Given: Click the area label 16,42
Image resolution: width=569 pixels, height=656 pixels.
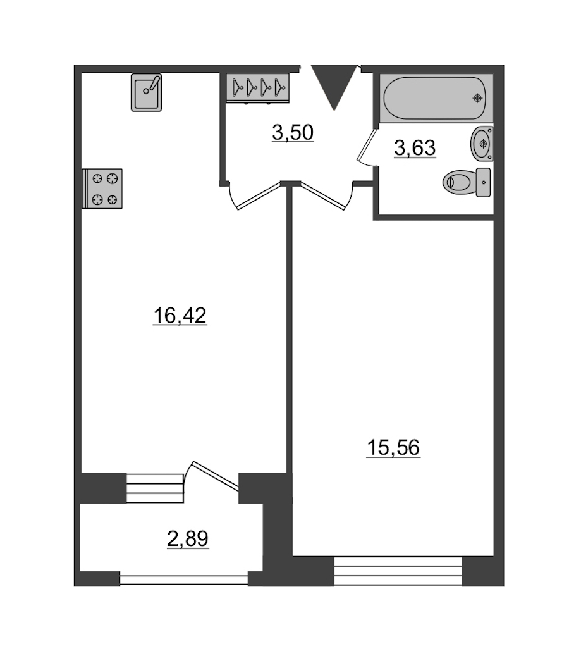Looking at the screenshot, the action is pyautogui.click(x=180, y=316).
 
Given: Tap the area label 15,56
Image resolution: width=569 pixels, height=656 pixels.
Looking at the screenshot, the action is pyautogui.click(x=393, y=448).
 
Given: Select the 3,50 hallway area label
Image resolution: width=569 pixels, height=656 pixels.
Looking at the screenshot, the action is pyautogui.click(x=293, y=133).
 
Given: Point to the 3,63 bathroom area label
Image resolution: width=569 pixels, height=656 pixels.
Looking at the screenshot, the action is pyautogui.click(x=415, y=148).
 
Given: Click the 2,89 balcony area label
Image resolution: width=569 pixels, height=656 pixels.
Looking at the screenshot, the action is pyautogui.click(x=188, y=539).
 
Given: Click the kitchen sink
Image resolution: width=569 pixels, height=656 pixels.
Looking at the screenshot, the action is pyautogui.click(x=146, y=92).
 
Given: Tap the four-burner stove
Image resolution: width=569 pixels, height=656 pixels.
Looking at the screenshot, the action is pyautogui.click(x=102, y=189).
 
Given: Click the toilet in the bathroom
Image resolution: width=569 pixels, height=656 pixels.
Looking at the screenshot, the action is pyautogui.click(x=467, y=182).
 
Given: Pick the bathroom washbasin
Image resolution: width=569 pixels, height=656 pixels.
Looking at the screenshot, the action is pyautogui.click(x=482, y=144).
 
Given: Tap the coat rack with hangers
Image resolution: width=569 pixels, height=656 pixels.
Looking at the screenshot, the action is pyautogui.click(x=257, y=88).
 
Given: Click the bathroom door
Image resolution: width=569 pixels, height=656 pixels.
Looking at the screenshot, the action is pyautogui.click(x=367, y=145).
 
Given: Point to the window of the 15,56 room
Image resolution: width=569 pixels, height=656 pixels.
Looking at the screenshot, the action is pyautogui.click(x=398, y=571).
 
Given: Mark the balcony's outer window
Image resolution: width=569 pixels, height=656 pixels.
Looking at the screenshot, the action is pyautogui.click(x=184, y=580).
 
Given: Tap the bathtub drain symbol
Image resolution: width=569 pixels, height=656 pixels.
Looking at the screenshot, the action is pyautogui.click(x=477, y=98).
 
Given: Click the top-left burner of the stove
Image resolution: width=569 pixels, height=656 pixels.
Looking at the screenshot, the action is pyautogui.click(x=97, y=178).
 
